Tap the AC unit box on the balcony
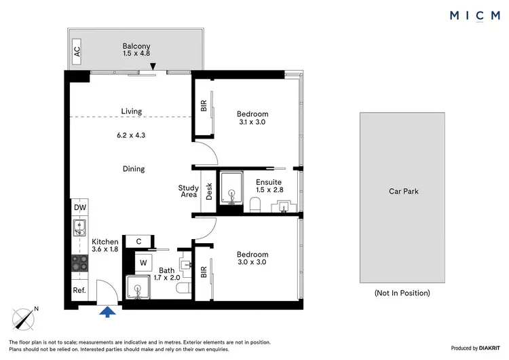click(77, 50)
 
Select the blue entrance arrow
click(107, 312)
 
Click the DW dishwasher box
click(79, 208)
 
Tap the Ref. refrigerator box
click(79, 291)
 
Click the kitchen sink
click(79, 228)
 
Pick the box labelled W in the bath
click(143, 262)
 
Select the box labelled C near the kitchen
click(138, 240)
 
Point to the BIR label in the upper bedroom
click(203, 106)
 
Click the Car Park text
click(402, 192)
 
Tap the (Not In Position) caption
click(402, 293)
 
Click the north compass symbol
click(25, 319)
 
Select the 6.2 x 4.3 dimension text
click(131, 135)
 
